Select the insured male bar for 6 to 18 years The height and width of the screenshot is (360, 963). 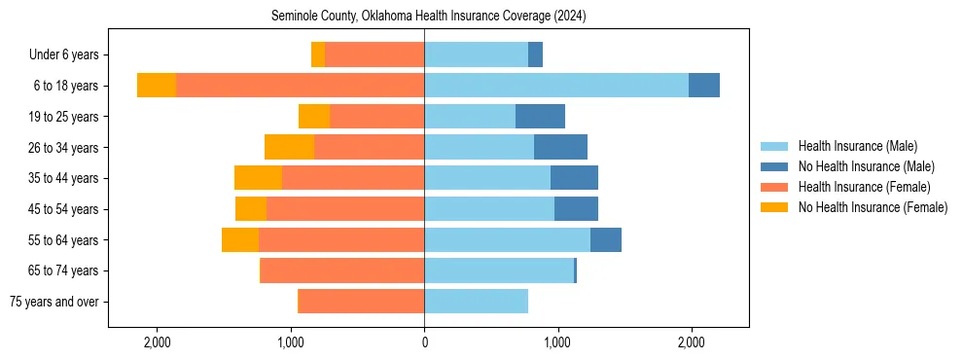tap(556, 86)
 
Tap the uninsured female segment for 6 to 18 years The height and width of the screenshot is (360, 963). tap(157, 86)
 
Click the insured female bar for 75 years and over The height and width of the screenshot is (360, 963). tap(361, 302)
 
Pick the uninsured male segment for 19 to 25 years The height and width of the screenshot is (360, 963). tap(540, 117)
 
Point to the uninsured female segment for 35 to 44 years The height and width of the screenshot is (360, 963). tap(258, 178)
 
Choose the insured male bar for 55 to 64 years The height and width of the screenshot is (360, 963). tap(507, 240)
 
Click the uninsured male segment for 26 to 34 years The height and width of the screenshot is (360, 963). tap(560, 147)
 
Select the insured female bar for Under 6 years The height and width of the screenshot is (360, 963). tap(374, 54)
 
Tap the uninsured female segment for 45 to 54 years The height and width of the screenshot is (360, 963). tap(251, 209)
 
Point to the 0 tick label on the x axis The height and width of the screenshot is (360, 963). tap(424, 342)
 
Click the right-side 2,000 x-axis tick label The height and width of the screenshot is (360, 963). tap(691, 342)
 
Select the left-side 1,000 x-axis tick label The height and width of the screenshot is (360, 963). tap(291, 342)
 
